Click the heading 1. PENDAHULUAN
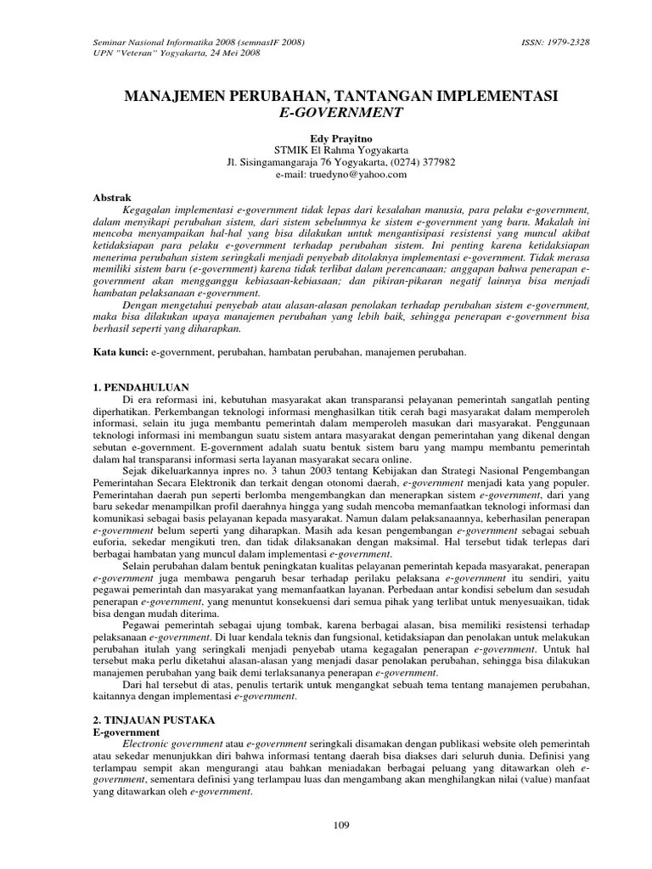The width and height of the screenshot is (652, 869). [x=140, y=387]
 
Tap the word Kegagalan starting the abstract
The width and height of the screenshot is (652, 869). [x=148, y=209]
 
